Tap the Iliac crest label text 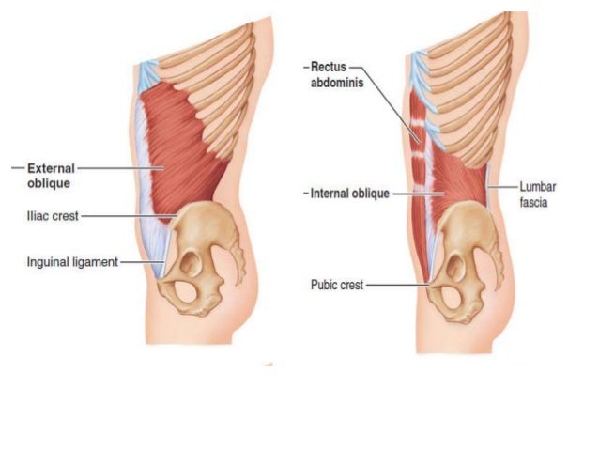(52, 215)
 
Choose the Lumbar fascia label (538, 194)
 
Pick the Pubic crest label (337, 283)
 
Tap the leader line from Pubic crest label (394, 284)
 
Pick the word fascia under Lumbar (534, 202)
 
